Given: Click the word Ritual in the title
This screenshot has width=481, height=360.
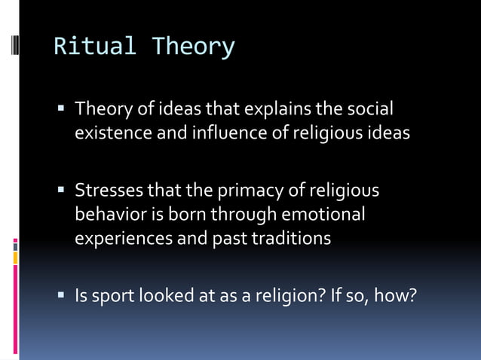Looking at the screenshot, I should click(95, 47).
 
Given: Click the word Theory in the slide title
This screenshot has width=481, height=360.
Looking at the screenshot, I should click(193, 47).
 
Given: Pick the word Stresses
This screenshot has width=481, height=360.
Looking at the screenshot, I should click(104, 191).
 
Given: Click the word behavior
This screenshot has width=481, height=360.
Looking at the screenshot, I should click(106, 215).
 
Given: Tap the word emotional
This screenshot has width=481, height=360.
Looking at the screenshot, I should click(323, 215).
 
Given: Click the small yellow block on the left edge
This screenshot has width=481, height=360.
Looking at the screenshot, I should click(15, 258).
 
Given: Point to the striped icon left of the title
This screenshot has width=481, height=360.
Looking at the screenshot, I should click(15, 47).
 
